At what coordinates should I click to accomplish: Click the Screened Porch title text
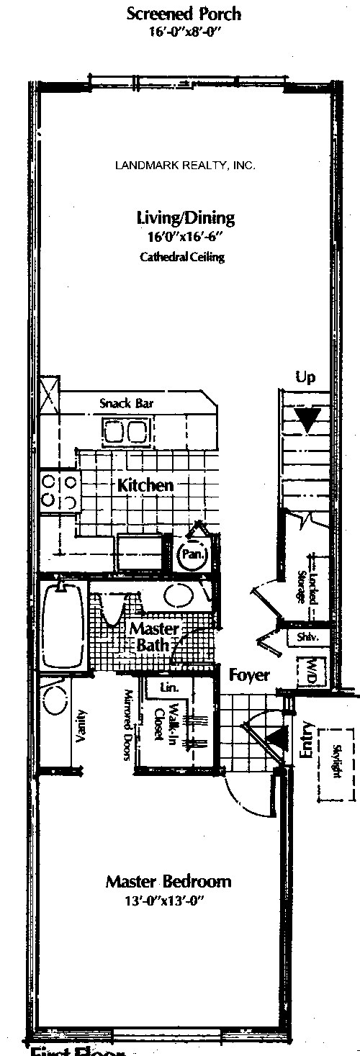[184, 13]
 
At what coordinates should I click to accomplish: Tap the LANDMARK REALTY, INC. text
[185, 166]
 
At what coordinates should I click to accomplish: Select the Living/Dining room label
[186, 217]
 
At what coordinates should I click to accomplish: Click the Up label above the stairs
[305, 377]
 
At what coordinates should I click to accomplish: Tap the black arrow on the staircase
[309, 420]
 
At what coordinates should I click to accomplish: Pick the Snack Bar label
[127, 404]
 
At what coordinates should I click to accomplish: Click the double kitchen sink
[125, 432]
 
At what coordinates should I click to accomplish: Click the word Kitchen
[145, 485]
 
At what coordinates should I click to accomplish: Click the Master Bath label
[149, 636]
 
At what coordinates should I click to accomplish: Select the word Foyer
[249, 675]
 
